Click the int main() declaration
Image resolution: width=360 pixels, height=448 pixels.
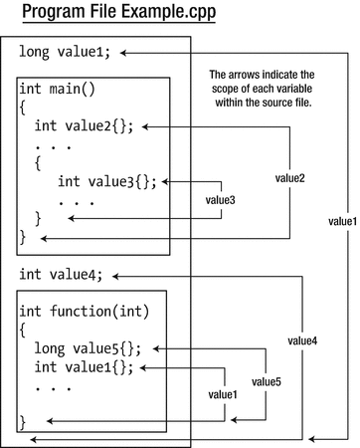(57, 89)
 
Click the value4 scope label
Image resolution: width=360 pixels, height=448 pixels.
(302, 340)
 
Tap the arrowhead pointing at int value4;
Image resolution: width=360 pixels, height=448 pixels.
(124, 275)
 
